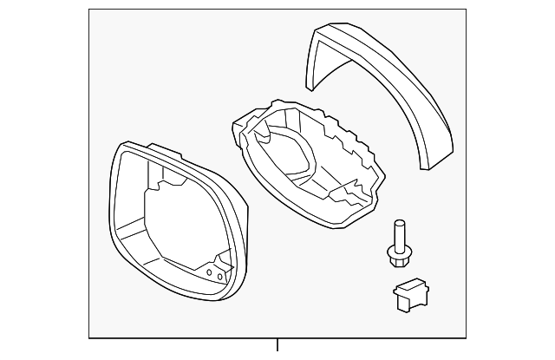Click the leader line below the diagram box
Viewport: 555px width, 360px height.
click(x=277, y=344)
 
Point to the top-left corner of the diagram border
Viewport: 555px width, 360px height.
click(x=90, y=10)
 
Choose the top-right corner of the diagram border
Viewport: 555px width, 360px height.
click(x=466, y=10)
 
